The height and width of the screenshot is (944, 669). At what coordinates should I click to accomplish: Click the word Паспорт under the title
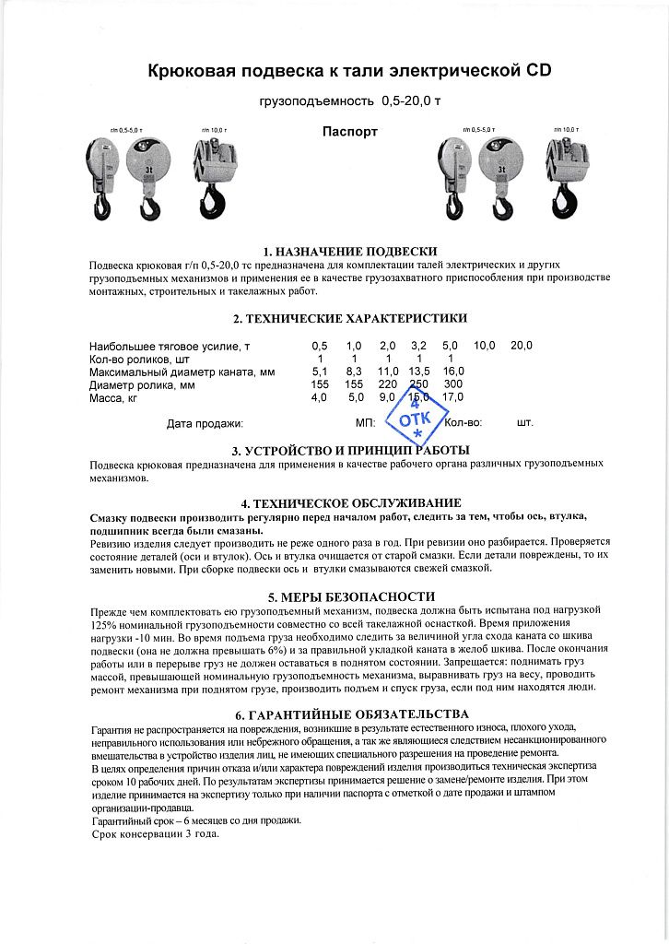(350, 132)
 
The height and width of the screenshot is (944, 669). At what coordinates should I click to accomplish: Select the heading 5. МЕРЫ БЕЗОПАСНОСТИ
(349, 596)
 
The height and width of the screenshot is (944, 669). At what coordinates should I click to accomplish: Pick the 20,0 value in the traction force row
(522, 345)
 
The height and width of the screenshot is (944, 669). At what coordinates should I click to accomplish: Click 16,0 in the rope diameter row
(453, 371)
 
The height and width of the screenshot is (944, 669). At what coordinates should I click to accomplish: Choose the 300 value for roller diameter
(452, 383)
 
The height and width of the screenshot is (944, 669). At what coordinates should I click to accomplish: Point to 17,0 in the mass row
(452, 397)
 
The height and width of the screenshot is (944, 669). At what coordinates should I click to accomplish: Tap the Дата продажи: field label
(205, 424)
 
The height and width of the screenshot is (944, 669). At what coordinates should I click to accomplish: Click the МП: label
(365, 424)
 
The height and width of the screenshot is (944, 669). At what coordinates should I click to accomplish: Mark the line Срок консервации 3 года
(156, 834)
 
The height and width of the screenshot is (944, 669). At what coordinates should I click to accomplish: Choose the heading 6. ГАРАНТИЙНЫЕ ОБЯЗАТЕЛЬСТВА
(349, 714)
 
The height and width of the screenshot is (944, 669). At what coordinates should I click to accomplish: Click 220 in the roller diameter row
(388, 383)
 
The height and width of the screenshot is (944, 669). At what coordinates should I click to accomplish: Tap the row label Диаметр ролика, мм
(142, 383)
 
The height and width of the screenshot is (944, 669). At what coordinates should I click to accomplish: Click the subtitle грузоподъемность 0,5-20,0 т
(350, 100)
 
